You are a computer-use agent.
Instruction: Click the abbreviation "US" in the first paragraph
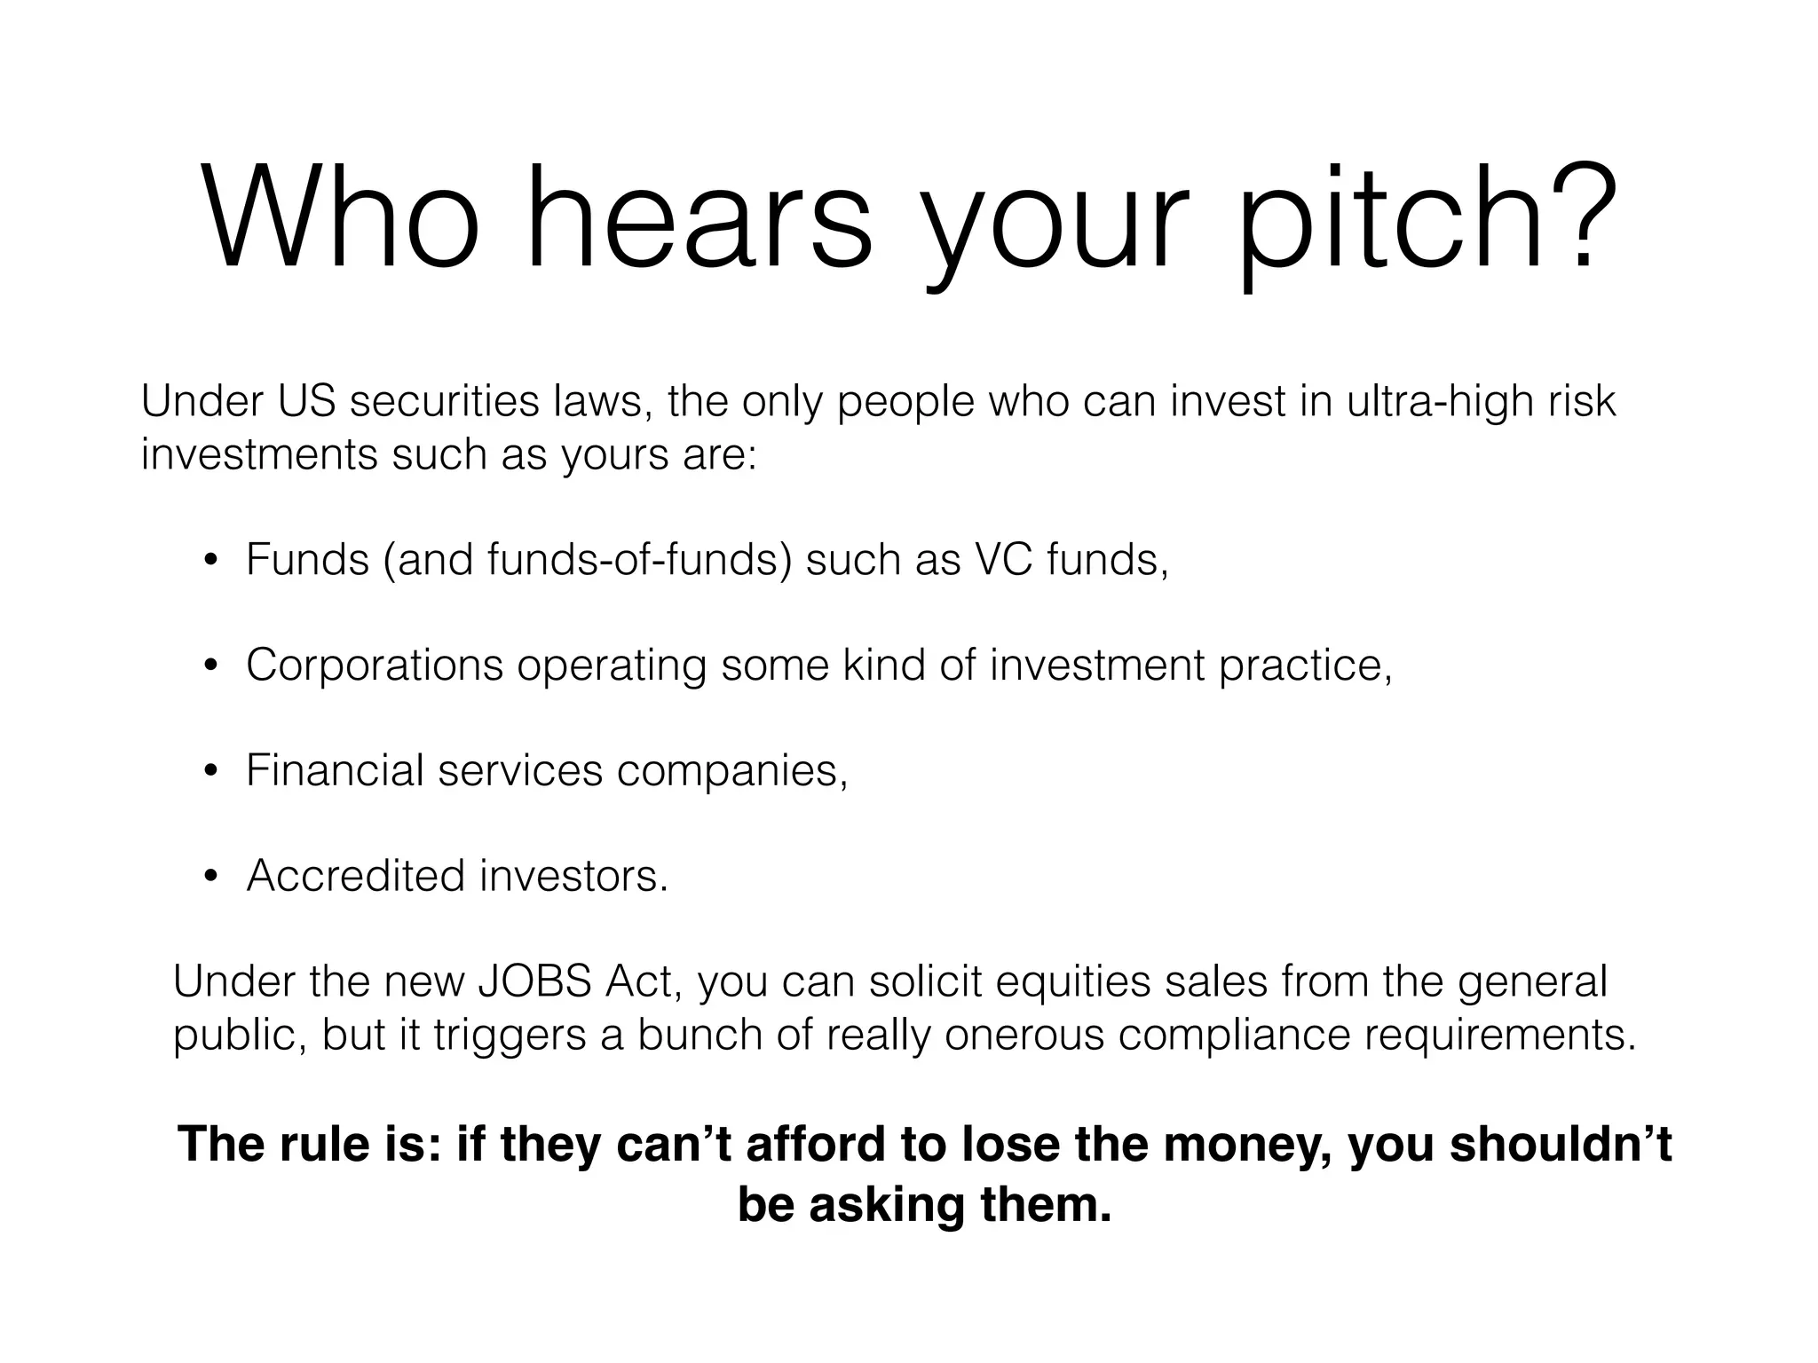pyautogui.click(x=306, y=401)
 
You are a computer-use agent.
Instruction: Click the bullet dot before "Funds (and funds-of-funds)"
pyautogui.click(x=210, y=561)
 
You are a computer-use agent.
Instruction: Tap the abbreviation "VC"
pyautogui.click(x=1004, y=560)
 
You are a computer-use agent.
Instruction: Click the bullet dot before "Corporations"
pyautogui.click(x=210, y=666)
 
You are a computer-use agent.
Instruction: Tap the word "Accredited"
pyautogui.click(x=355, y=876)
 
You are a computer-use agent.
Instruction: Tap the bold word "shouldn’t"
pyautogui.click(x=1560, y=1144)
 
